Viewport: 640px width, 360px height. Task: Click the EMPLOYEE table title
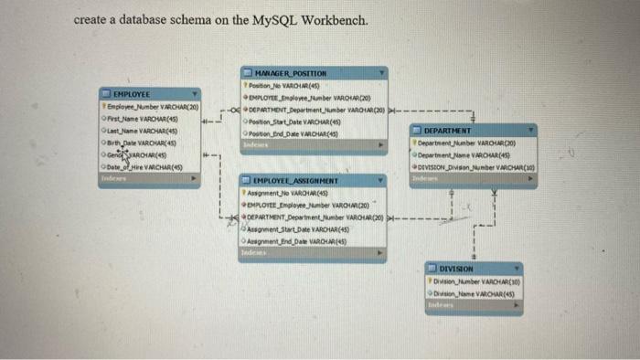(133, 93)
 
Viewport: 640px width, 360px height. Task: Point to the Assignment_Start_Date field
(295, 229)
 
